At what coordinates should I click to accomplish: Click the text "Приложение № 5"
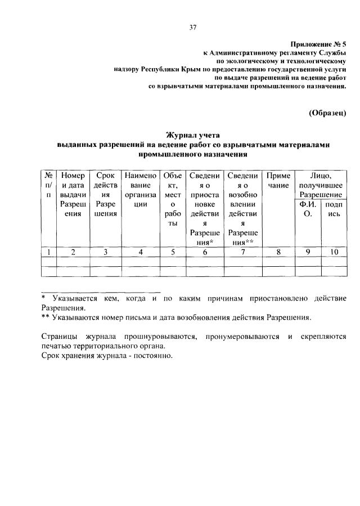point(319,43)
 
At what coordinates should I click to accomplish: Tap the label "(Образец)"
point(328,113)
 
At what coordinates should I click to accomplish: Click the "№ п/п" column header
point(49,185)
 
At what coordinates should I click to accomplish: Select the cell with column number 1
point(49,252)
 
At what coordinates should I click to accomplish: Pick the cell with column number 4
point(141,252)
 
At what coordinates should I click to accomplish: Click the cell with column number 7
point(243,252)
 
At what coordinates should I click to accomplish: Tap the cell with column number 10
point(334,252)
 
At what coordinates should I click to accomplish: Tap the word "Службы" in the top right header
point(332,52)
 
